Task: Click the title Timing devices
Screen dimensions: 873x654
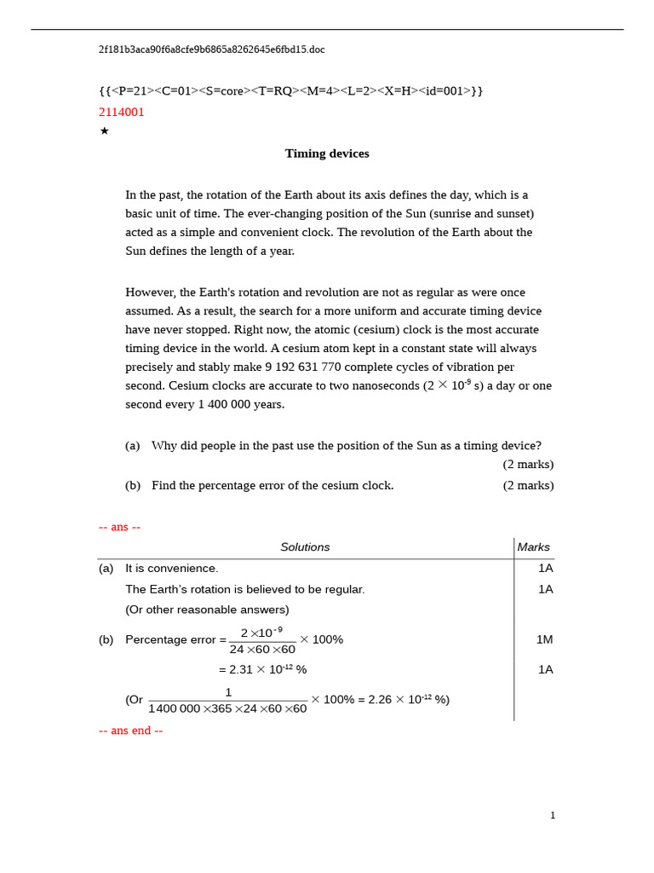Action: (327, 154)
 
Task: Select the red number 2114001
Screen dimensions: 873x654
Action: (122, 113)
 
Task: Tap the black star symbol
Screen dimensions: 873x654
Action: (104, 131)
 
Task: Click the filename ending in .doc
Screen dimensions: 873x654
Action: (211, 50)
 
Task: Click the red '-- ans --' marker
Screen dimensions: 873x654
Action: (119, 528)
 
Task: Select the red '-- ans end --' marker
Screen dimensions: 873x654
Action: (130, 731)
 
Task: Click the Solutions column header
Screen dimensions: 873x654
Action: (305, 547)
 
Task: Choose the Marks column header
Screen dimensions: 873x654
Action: (533, 547)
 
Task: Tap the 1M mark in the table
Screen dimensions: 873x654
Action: (544, 640)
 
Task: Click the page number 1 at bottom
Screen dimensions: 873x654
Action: (552, 816)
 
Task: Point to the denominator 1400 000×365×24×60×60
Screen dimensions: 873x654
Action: (227, 709)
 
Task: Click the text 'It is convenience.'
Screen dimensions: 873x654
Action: (172, 569)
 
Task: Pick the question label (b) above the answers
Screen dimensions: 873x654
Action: (133, 486)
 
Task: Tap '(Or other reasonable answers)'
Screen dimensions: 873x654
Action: (207, 610)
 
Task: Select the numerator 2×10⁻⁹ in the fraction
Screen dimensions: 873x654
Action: (261, 633)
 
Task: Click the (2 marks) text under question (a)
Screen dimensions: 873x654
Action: (528, 465)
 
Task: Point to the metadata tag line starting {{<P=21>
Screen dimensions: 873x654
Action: (290, 91)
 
